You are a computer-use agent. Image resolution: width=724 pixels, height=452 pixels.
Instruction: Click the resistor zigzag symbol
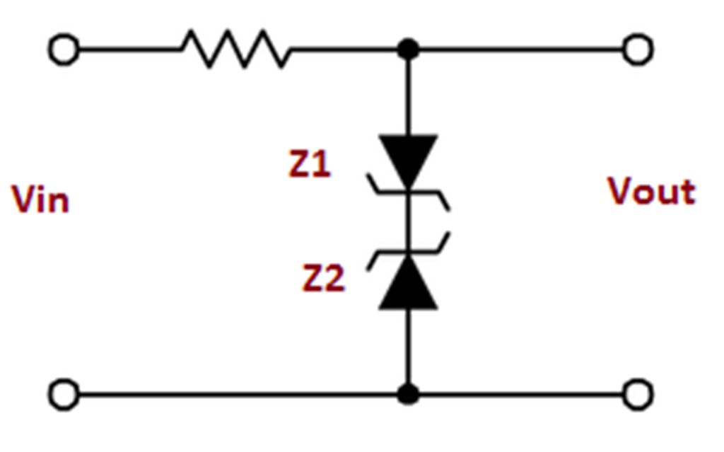click(x=236, y=49)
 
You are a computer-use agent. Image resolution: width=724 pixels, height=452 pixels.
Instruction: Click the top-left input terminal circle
click(x=64, y=50)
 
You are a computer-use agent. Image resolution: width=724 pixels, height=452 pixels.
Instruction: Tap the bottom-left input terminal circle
click(x=64, y=394)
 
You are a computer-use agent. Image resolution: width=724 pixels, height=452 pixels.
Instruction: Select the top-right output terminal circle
click(x=638, y=50)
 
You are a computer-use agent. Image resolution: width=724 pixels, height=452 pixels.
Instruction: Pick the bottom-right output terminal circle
click(x=638, y=394)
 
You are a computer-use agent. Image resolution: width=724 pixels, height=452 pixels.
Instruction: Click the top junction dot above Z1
click(x=408, y=50)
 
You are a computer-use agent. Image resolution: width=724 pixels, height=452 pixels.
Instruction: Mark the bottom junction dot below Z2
click(x=408, y=394)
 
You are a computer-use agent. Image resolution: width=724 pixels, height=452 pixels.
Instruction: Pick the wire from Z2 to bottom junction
click(x=408, y=347)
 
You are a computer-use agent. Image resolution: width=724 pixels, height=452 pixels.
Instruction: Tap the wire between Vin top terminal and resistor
click(x=127, y=50)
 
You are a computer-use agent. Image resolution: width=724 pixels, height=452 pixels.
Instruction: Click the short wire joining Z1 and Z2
click(x=408, y=221)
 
